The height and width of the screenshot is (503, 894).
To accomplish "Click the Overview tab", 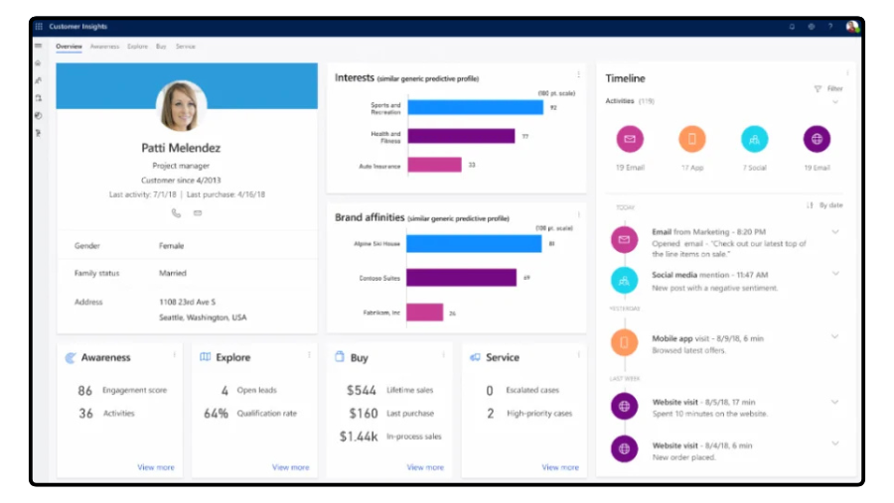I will (69, 47).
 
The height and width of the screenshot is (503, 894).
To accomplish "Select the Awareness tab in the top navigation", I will (104, 47).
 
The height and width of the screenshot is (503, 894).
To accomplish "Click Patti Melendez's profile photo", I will (181, 106).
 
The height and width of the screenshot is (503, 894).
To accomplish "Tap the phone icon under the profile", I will (176, 212).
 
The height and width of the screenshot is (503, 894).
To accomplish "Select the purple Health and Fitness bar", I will (461, 136).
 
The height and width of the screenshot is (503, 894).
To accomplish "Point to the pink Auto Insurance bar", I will (434, 165).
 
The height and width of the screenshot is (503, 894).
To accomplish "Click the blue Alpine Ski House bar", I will (474, 243).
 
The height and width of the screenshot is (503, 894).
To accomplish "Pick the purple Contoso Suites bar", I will (461, 278).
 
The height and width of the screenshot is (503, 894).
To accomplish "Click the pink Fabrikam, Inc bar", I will (425, 313).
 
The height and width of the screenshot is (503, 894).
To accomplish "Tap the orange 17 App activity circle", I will (692, 139).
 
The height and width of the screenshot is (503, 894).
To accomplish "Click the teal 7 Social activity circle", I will (754, 139).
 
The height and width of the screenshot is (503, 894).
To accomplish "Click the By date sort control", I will (825, 205).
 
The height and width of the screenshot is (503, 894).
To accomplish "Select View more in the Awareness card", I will (155, 467).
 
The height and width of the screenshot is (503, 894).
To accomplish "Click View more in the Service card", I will (560, 467).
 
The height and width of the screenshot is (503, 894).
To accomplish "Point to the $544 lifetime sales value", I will (362, 391).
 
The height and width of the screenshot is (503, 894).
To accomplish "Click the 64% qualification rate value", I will (217, 413).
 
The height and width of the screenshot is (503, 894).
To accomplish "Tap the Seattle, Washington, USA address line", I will (203, 317).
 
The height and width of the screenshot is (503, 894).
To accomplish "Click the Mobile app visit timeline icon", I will (624, 343).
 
